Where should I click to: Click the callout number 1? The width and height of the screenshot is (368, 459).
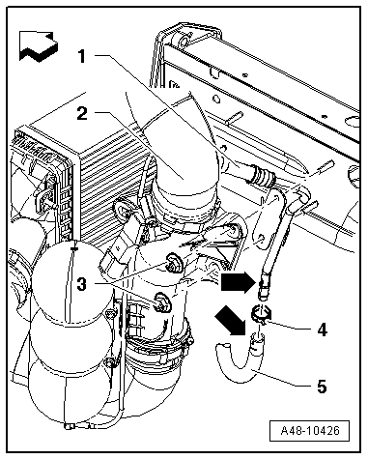pos(82,56)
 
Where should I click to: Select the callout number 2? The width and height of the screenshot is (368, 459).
pos(82,113)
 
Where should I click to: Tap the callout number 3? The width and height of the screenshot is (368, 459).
pos(82,284)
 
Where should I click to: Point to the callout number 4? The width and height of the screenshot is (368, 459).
pos(322,330)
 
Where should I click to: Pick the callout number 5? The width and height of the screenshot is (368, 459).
pos(322,386)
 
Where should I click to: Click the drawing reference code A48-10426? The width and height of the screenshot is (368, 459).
pos(310,430)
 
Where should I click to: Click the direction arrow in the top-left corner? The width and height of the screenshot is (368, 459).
pos(39,45)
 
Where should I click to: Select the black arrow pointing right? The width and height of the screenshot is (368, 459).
pos(238,282)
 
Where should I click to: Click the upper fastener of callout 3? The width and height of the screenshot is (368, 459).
pos(173,261)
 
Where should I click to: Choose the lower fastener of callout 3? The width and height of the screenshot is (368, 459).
pos(161,302)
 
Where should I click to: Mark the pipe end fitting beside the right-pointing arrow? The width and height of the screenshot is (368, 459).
pos(262,285)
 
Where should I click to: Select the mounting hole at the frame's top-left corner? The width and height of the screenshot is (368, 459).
pos(184,42)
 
